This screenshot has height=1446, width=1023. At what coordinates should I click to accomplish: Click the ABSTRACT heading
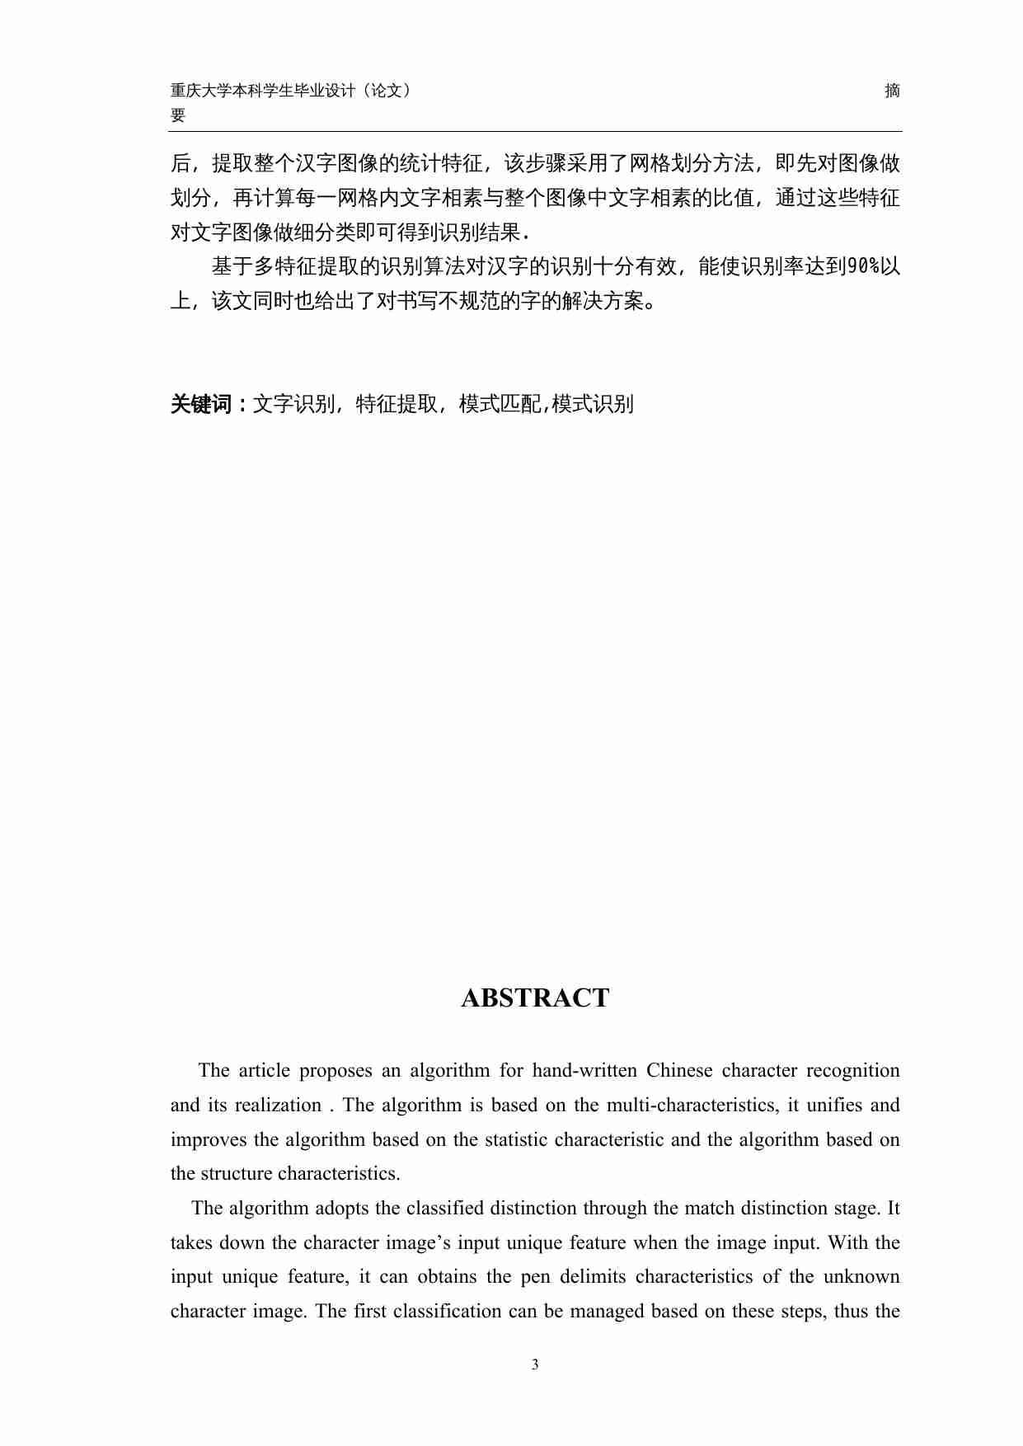535,998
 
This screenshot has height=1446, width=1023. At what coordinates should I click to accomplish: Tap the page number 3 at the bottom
535,1364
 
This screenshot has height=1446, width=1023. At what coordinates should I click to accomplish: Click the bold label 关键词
202,404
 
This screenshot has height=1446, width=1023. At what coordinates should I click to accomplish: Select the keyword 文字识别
293,404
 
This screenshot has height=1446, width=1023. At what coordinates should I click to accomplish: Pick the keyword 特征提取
397,404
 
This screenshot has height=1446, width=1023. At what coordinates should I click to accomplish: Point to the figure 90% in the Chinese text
863,266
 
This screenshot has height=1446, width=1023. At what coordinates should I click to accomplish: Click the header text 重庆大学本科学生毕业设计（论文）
290,91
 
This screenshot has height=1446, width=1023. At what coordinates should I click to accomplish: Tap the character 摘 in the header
892,91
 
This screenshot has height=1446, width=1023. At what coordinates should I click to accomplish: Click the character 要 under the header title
178,115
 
